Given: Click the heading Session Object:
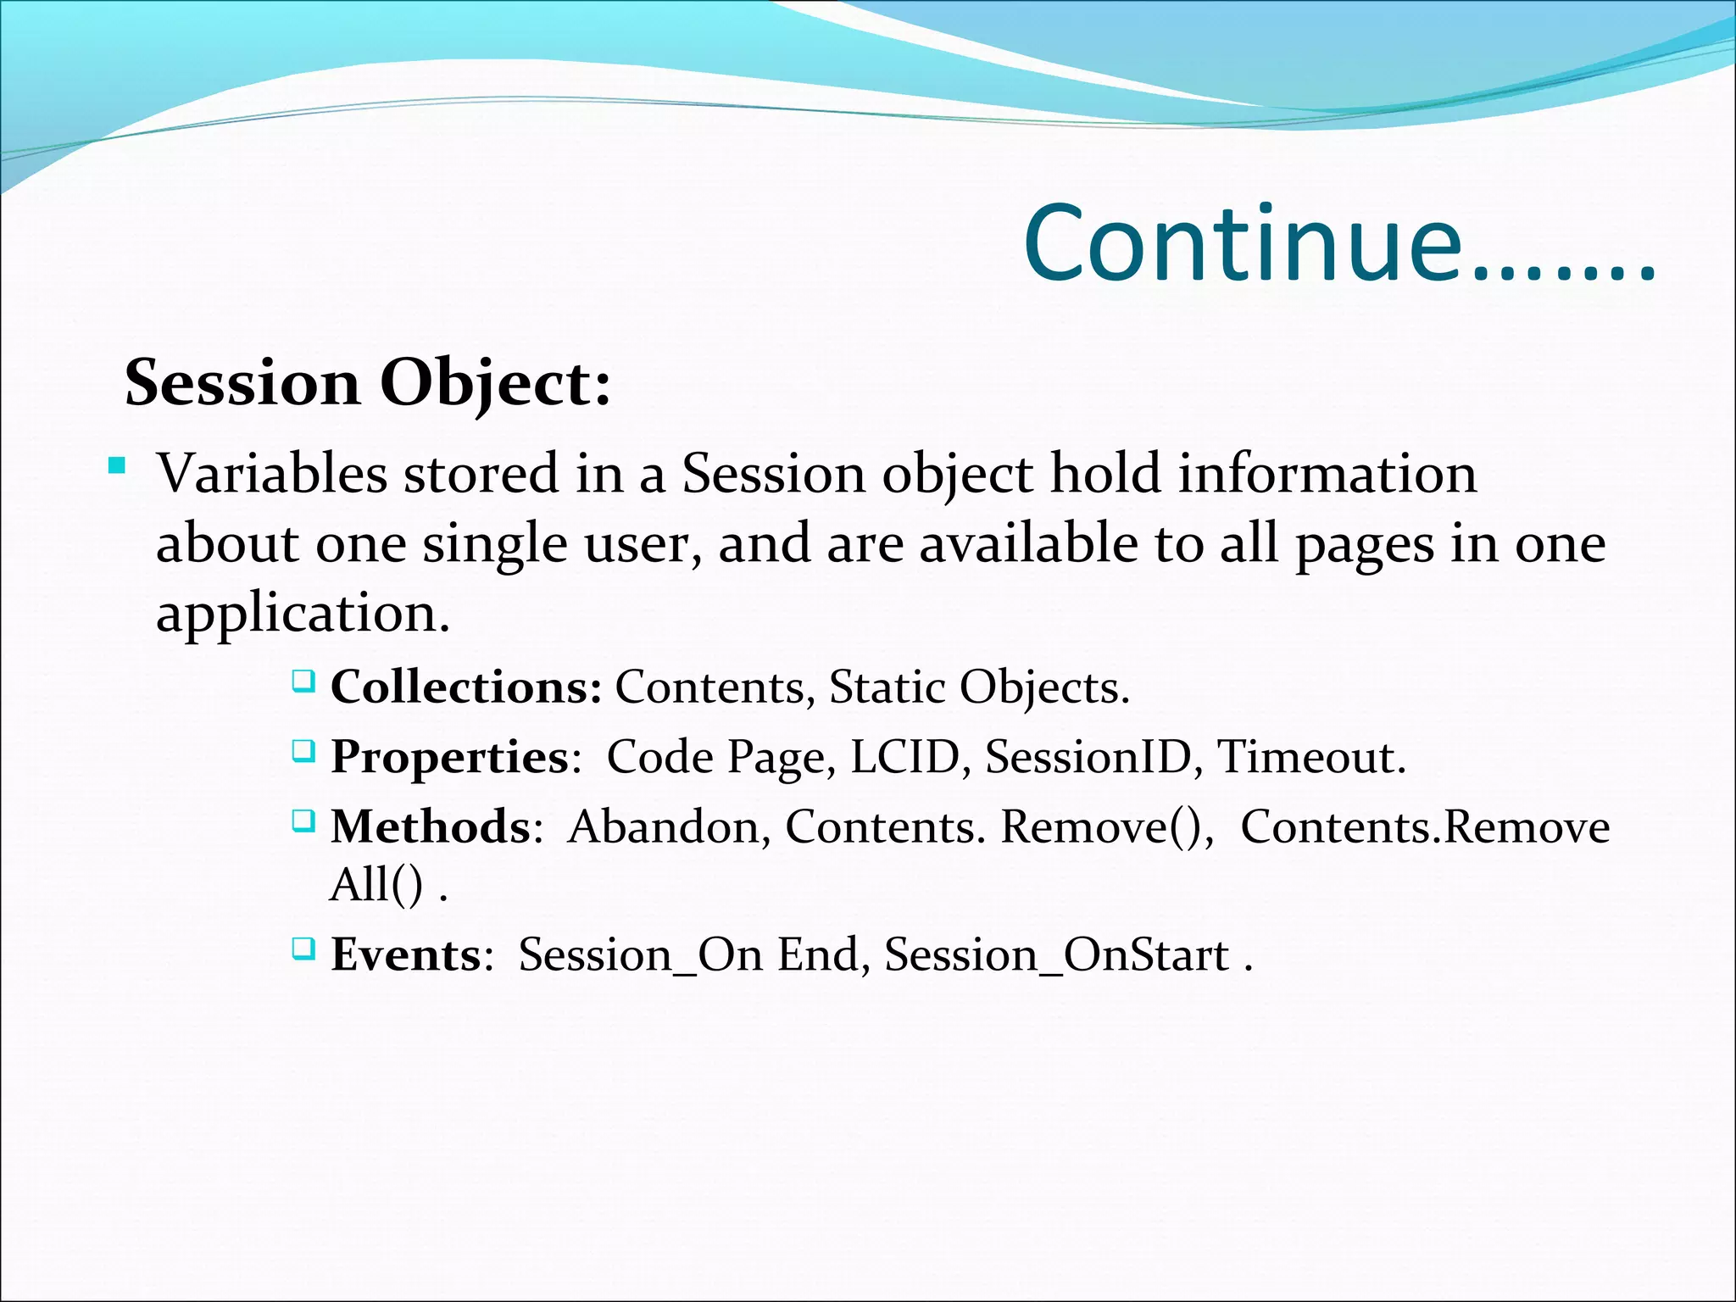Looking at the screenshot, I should tap(367, 383).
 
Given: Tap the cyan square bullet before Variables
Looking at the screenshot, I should tap(117, 466).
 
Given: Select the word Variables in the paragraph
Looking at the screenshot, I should tap(272, 474).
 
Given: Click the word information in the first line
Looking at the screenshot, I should tap(1327, 474).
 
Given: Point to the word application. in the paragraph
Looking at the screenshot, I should tap(303, 613).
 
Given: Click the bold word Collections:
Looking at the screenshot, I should tap(466, 687).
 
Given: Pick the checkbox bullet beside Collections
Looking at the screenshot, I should tap(303, 681).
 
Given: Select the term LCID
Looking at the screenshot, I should tap(904, 757).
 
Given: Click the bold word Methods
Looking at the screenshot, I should tap(431, 827).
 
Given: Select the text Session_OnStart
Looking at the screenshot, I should tap(1056, 955).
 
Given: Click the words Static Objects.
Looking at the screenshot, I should tap(978, 687).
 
